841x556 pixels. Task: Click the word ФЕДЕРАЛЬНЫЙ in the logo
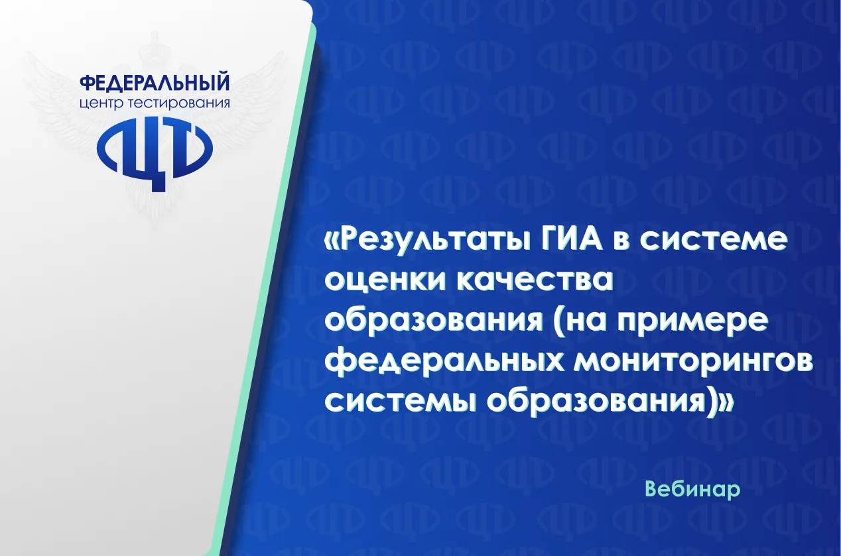tap(155, 83)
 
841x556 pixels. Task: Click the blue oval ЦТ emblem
tap(155, 154)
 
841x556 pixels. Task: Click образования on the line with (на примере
tap(434, 322)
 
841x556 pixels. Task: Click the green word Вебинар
tap(693, 489)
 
